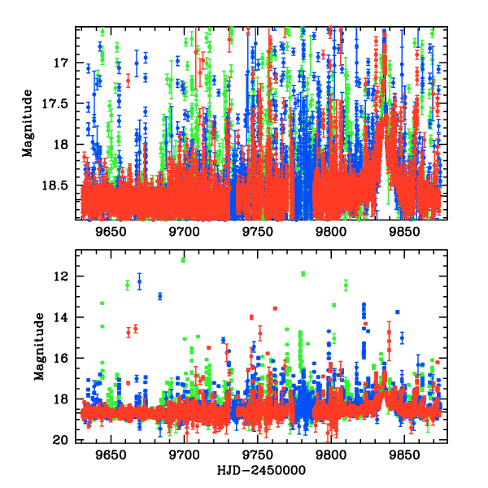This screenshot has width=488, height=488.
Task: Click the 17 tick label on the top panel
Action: [63, 63]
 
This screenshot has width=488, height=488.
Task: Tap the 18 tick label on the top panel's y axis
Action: [63, 145]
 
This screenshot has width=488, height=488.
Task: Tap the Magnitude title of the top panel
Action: [28, 124]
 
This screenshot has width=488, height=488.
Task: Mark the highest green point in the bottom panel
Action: [183, 259]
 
